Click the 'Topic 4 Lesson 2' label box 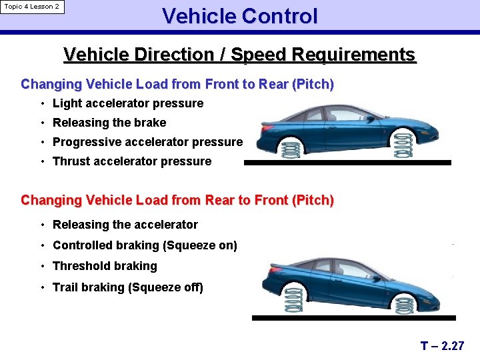pyautogui.click(x=32, y=7)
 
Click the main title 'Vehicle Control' pyautogui.click(x=239, y=16)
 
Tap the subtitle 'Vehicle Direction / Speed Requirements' pyautogui.click(x=239, y=55)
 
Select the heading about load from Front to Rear pyautogui.click(x=177, y=85)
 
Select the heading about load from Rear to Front pyautogui.click(x=177, y=200)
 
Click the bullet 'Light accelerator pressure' pyautogui.click(x=127, y=103)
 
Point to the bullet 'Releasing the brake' pyautogui.click(x=109, y=123)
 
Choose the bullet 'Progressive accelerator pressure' pyautogui.click(x=147, y=142)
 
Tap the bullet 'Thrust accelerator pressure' pyautogui.click(x=132, y=161)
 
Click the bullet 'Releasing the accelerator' pyautogui.click(x=125, y=225)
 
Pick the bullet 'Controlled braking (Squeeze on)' pyautogui.click(x=145, y=245)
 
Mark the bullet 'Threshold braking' pyautogui.click(x=105, y=266)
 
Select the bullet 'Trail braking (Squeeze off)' pyautogui.click(x=128, y=287)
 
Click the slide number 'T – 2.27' pyautogui.click(x=442, y=345)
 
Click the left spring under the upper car pyautogui.click(x=290, y=149)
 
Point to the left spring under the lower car pyautogui.click(x=294, y=300)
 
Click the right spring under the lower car pyautogui.click(x=404, y=306)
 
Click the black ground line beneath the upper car pyautogui.click(x=347, y=162)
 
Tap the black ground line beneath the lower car pyautogui.click(x=353, y=318)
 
